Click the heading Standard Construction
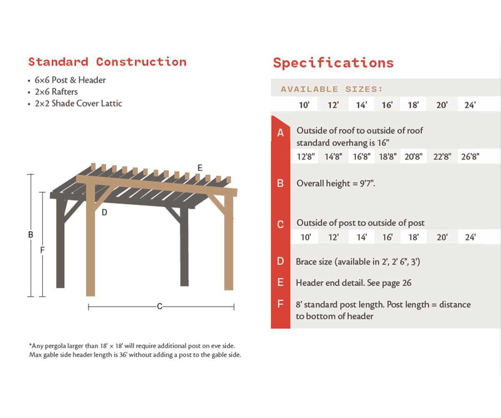(x=107, y=62)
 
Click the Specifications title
(x=333, y=63)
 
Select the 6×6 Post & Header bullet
(x=70, y=80)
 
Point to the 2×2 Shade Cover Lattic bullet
(x=78, y=103)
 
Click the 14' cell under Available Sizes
(x=361, y=105)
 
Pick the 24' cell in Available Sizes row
(x=470, y=105)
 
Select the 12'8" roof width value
(x=306, y=157)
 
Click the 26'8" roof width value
(x=470, y=157)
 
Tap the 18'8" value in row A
(x=387, y=157)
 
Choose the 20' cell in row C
(x=442, y=237)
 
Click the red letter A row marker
(x=281, y=133)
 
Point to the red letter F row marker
(x=281, y=304)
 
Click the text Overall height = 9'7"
(x=336, y=183)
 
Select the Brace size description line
(x=358, y=262)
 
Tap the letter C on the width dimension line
(x=159, y=307)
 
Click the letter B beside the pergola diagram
(x=30, y=235)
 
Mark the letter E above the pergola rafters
(x=200, y=168)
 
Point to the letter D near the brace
(x=104, y=212)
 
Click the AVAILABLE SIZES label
(x=332, y=89)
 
